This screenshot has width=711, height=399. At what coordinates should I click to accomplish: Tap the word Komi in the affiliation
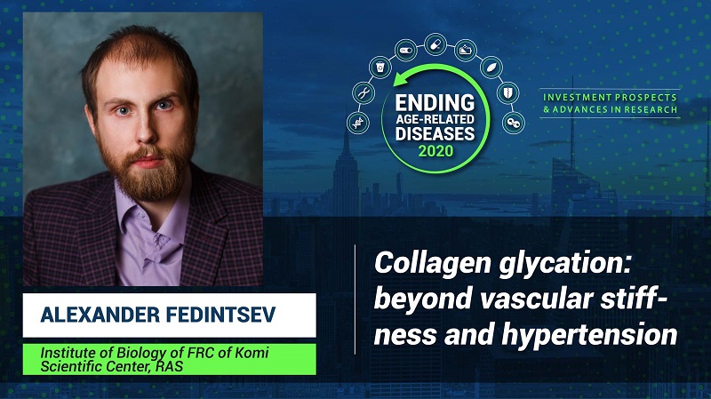tap(252, 352)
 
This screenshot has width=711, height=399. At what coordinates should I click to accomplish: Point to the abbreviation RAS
tap(169, 366)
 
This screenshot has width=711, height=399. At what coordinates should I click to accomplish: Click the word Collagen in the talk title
tap(434, 263)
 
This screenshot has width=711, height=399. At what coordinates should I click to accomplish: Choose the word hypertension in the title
tap(590, 335)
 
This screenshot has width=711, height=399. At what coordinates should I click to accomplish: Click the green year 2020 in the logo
tap(435, 150)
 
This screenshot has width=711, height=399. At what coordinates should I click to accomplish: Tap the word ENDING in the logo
tap(435, 103)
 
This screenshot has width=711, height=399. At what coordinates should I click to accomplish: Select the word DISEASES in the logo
tap(435, 134)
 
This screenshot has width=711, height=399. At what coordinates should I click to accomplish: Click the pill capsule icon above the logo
tap(435, 44)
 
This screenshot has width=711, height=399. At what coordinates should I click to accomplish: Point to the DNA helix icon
tap(358, 123)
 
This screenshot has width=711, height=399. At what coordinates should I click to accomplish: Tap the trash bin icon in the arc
tap(380, 68)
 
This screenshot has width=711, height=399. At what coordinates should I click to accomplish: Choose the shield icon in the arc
tap(507, 93)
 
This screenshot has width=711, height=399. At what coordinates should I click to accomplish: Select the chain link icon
tap(514, 123)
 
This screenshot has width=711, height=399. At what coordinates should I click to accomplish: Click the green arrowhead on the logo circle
tap(400, 79)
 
